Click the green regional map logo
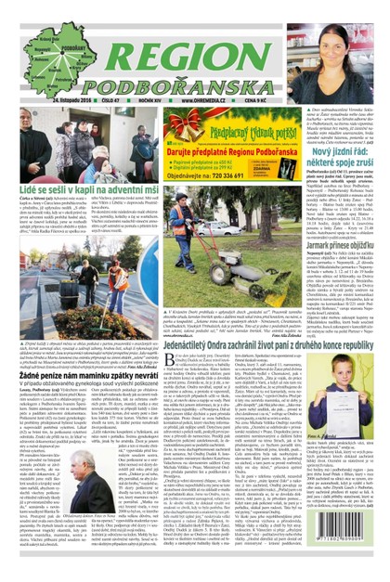(x=43, y=55)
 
